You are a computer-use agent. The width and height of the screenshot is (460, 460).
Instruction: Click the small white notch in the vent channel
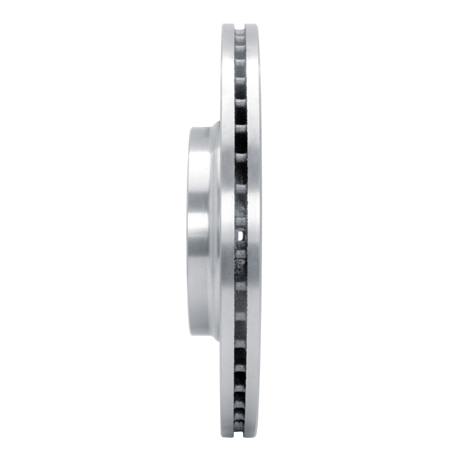tap(240, 235)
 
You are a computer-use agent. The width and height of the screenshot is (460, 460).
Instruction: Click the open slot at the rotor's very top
tap(241, 27)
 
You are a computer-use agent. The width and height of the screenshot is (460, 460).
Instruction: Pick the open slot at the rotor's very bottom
tap(241, 434)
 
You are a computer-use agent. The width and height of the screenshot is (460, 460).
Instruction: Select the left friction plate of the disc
tap(228, 230)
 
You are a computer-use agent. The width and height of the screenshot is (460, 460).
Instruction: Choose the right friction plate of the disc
tap(254, 230)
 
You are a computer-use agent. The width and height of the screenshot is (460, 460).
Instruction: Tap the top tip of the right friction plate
tap(254, 25)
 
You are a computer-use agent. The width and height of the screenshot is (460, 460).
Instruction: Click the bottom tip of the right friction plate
tap(254, 435)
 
